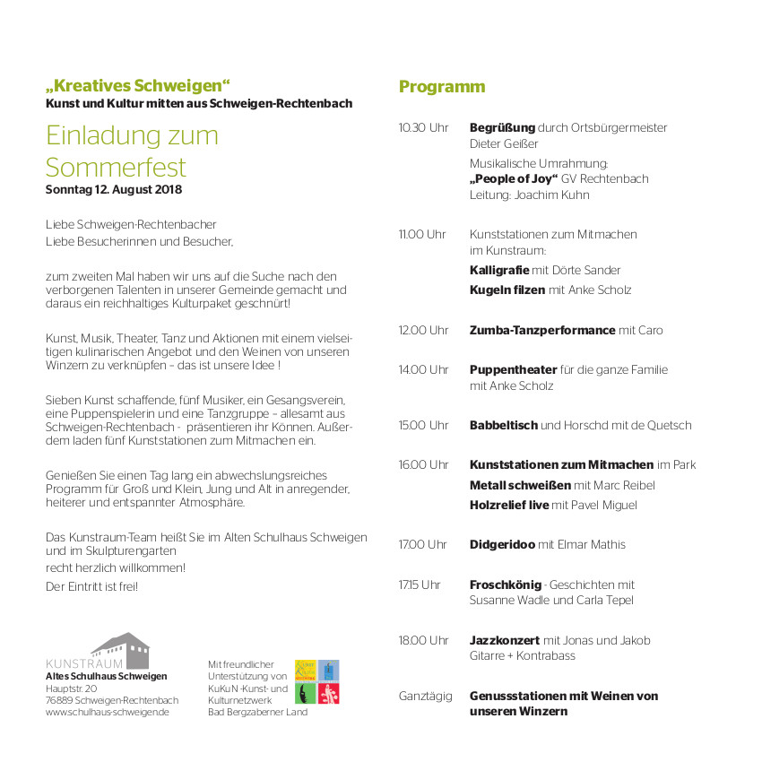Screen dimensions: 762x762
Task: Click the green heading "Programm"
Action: point(441,87)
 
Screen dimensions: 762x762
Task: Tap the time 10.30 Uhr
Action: point(423,128)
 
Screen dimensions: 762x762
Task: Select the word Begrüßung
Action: point(502,128)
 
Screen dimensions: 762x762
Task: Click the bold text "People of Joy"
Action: point(514,178)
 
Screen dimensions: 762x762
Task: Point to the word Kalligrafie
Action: point(498,270)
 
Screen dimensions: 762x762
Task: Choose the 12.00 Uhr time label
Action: point(423,331)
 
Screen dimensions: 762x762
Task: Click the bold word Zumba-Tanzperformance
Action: point(542,331)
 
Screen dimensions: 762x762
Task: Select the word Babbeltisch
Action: point(503,426)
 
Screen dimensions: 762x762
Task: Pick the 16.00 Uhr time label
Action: point(423,465)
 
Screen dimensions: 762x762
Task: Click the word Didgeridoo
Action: point(502,545)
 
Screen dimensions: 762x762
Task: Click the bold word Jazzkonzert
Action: point(504,641)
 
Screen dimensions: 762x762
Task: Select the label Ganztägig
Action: point(425,696)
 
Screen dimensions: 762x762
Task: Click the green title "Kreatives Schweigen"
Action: point(138,86)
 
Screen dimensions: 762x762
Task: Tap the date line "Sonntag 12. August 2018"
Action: point(113,190)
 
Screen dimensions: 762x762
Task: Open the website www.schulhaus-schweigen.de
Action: point(107,713)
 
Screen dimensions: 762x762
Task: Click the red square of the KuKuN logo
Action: point(329,693)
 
